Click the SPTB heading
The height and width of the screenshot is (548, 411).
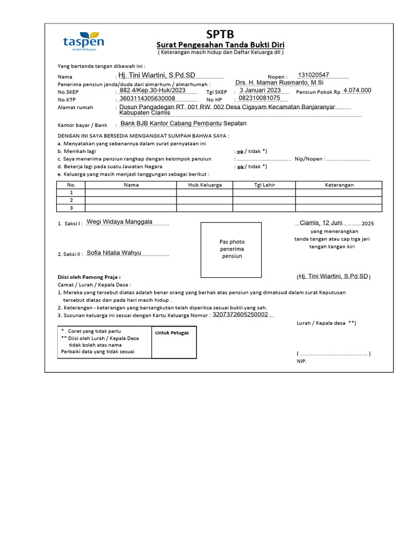[x=220, y=35]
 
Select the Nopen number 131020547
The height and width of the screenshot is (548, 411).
[x=314, y=75]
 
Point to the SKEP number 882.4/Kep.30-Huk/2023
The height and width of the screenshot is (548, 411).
[x=153, y=90]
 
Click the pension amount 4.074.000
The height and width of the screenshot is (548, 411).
[x=357, y=90]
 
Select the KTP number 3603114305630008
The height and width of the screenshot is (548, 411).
[x=148, y=98]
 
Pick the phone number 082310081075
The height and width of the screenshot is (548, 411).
[x=260, y=98]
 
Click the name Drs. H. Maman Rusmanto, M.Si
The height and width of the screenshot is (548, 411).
[x=279, y=82]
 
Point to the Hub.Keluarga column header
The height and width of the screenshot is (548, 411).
[x=205, y=185]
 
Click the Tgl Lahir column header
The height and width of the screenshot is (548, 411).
[x=264, y=185]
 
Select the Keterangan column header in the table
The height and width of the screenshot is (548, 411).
[x=339, y=185]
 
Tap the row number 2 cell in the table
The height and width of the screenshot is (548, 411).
[x=71, y=200]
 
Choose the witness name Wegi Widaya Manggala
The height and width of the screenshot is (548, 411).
[x=119, y=222]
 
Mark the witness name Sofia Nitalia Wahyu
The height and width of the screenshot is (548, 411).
[x=113, y=253]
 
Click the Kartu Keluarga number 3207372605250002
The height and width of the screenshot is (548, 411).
[x=240, y=315]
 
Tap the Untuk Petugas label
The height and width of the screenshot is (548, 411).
[x=168, y=333]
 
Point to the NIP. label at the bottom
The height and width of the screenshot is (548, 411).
[x=302, y=361]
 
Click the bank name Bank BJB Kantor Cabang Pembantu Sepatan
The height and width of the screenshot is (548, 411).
[x=184, y=124]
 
